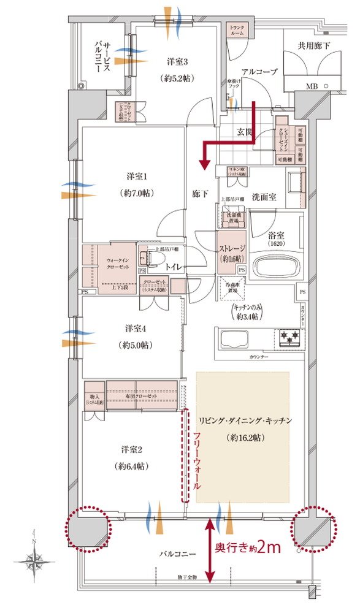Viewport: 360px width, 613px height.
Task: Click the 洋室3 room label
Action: click(x=176, y=62)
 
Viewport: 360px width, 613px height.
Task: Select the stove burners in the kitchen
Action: click(x=289, y=335)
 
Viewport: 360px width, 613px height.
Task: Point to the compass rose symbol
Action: click(x=34, y=559)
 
